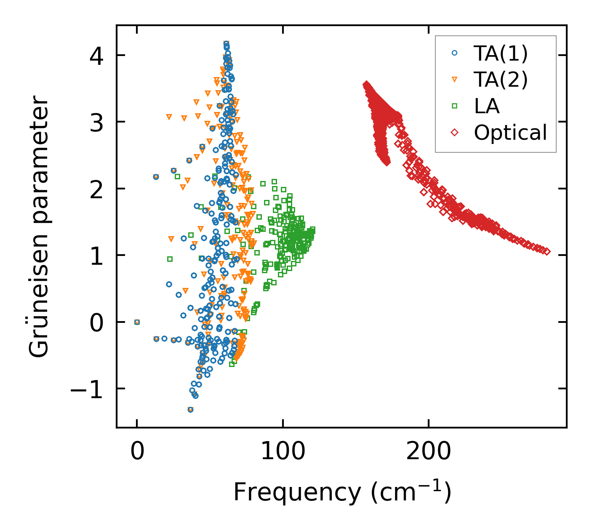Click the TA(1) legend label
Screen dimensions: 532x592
[x=500, y=53]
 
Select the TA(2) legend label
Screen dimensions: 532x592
[x=500, y=80]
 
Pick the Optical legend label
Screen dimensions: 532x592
[x=510, y=133]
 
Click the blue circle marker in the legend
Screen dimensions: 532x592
[x=454, y=53]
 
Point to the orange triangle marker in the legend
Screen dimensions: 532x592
[x=454, y=80]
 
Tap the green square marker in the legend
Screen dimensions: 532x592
[x=454, y=106]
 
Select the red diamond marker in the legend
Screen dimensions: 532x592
[x=454, y=133]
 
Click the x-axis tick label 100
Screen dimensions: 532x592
[x=283, y=452]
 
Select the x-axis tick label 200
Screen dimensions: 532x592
[x=428, y=452]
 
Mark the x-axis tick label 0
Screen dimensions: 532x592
[x=137, y=452]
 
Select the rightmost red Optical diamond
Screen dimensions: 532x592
[x=547, y=251]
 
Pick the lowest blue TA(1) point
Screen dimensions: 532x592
[x=190, y=410]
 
